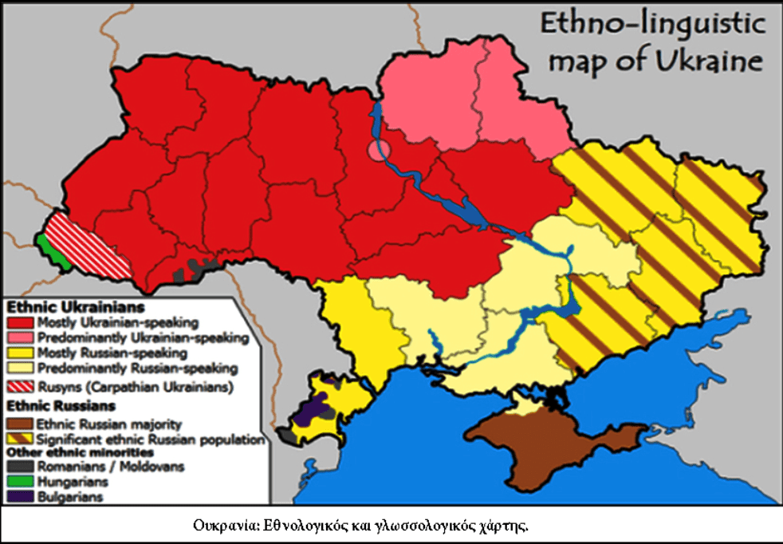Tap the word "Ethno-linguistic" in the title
click(651, 23)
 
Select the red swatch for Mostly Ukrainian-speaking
click(20, 323)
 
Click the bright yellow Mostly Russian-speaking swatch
click(20, 353)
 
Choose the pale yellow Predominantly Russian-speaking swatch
click(20, 369)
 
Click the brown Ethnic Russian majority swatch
click(20, 424)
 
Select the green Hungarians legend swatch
click(20, 482)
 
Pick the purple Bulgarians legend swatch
click(20, 497)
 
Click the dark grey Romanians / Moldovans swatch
click(20, 467)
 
